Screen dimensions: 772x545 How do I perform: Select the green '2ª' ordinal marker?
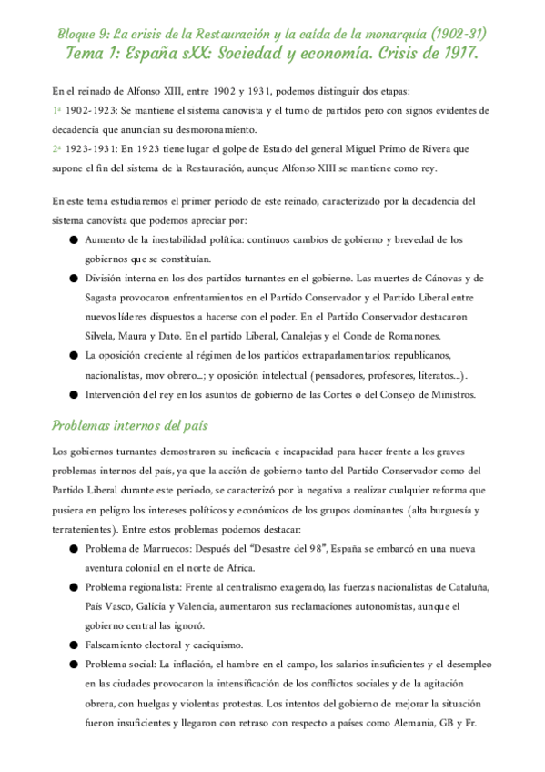[56, 148]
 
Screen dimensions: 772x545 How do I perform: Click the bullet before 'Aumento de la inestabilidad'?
[73, 240]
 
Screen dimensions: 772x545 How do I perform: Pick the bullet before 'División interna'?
[73, 278]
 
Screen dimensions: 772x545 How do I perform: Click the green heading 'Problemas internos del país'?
[129, 424]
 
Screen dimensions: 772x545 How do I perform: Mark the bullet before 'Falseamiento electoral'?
[73, 645]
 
